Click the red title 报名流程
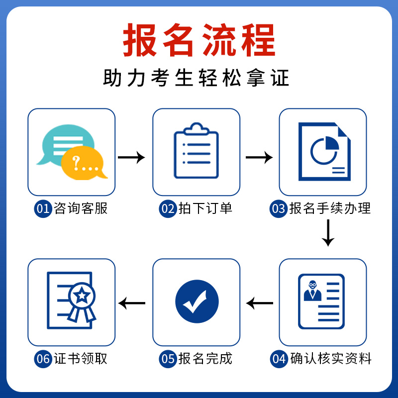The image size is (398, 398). point(199,39)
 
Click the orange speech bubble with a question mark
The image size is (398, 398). point(84,163)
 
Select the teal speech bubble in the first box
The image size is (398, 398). point(62,144)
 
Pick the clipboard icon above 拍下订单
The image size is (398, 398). point(196,150)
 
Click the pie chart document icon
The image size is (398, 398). point(324,152)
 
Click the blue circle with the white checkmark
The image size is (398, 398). point(197,301)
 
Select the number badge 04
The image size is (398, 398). point(279,359)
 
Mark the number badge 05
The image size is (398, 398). point(168,359)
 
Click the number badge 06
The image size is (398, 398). point(43,359)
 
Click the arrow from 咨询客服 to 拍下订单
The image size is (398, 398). point(131,158)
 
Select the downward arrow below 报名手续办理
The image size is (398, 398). point(327,232)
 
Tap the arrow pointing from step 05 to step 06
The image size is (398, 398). point(132,302)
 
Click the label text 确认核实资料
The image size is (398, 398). point(331,359)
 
